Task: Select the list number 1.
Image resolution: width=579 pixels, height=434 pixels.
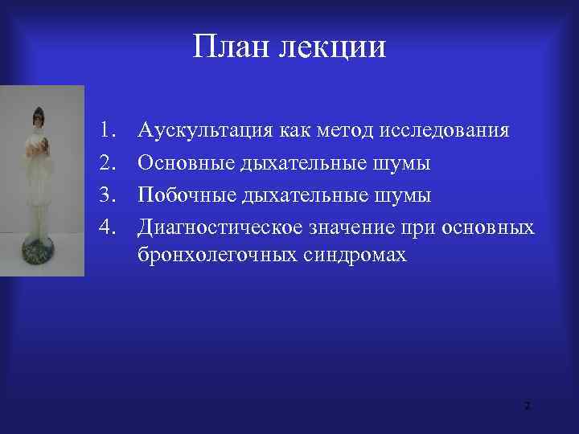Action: click(109, 130)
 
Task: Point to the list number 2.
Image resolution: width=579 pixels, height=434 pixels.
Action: click(109, 163)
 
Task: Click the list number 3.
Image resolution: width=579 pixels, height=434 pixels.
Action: click(109, 195)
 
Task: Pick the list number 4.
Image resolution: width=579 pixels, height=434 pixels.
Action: click(109, 227)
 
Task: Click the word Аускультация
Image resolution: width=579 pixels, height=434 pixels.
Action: click(208, 131)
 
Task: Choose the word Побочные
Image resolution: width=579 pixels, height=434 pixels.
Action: click(184, 195)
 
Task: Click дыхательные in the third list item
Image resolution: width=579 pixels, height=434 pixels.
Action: click(300, 195)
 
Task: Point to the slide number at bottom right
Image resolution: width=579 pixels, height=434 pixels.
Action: click(527, 407)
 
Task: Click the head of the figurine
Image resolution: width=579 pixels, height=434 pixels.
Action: click(37, 117)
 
